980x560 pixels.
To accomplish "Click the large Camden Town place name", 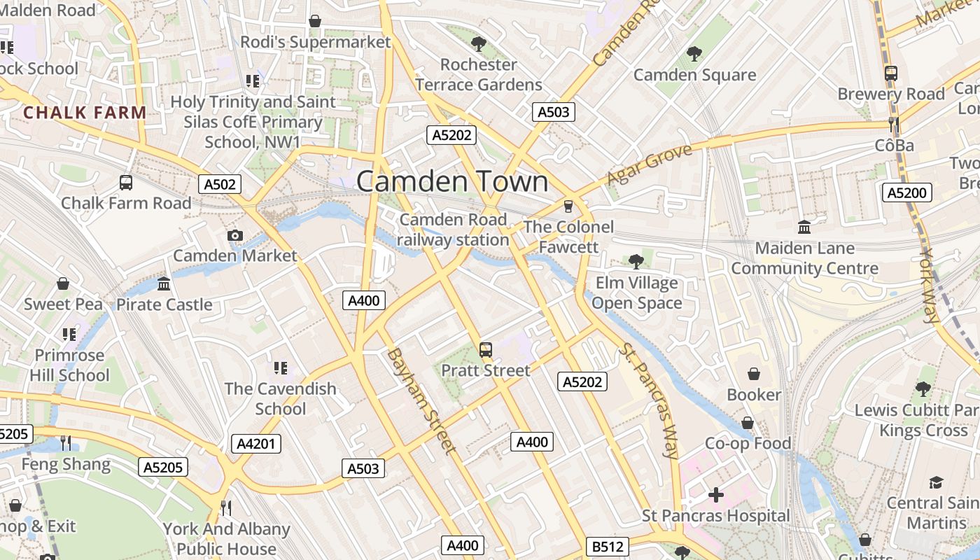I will (452, 181).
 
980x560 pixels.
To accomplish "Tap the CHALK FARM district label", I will (85, 112).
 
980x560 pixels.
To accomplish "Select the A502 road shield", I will (220, 184).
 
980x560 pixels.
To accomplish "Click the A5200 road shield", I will (906, 192).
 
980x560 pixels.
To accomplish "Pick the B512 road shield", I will (607, 546).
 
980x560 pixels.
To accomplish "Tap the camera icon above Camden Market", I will (235, 235).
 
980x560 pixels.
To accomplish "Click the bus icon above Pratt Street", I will (485, 349).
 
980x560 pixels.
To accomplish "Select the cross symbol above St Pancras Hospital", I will (715, 496).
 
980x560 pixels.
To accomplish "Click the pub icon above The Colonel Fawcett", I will (568, 206).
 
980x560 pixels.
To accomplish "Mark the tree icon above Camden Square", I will (694, 53).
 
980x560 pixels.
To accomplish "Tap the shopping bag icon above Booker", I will (753, 374).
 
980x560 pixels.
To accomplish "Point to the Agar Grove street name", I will (649, 164).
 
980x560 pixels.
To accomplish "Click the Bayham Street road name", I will (421, 400).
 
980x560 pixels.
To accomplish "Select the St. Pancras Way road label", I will (650, 402).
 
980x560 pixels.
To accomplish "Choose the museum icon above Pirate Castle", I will (164, 284).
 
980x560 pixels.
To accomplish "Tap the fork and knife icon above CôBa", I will (893, 125).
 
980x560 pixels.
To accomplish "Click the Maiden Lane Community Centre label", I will (804, 258).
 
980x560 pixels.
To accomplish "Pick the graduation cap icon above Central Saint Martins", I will (936, 482).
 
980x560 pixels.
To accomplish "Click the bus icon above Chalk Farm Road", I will (126, 183).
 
